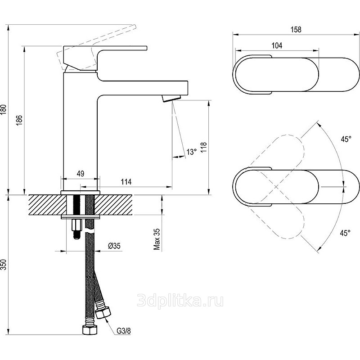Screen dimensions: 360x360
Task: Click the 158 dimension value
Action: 296,29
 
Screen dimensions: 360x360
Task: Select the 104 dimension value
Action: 277,45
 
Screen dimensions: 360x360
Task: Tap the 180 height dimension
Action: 4,110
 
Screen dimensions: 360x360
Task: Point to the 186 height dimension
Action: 19,120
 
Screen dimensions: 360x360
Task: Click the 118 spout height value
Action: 204,147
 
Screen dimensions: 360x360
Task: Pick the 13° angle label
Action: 192,152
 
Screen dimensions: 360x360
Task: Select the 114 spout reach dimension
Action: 126,182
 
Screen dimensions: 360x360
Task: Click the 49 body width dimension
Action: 81,173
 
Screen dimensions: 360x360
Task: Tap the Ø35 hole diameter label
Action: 114,246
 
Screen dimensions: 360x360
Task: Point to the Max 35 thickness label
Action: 157,239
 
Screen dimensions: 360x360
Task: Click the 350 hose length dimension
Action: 4,265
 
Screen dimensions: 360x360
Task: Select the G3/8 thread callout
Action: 123,331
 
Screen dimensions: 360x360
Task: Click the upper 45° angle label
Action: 346,139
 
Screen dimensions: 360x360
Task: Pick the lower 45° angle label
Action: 345,233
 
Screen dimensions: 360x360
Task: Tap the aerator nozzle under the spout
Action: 171,98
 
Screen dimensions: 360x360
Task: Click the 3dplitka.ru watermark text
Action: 180,301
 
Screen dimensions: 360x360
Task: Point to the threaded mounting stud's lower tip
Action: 77,238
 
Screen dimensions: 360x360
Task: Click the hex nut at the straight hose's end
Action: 89,330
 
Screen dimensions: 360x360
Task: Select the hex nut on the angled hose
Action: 103,313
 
